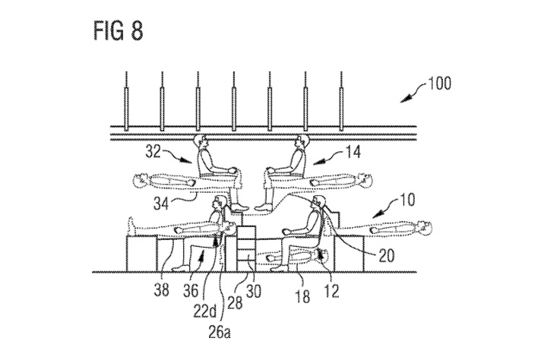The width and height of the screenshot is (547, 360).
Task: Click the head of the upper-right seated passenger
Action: click(x=299, y=142)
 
